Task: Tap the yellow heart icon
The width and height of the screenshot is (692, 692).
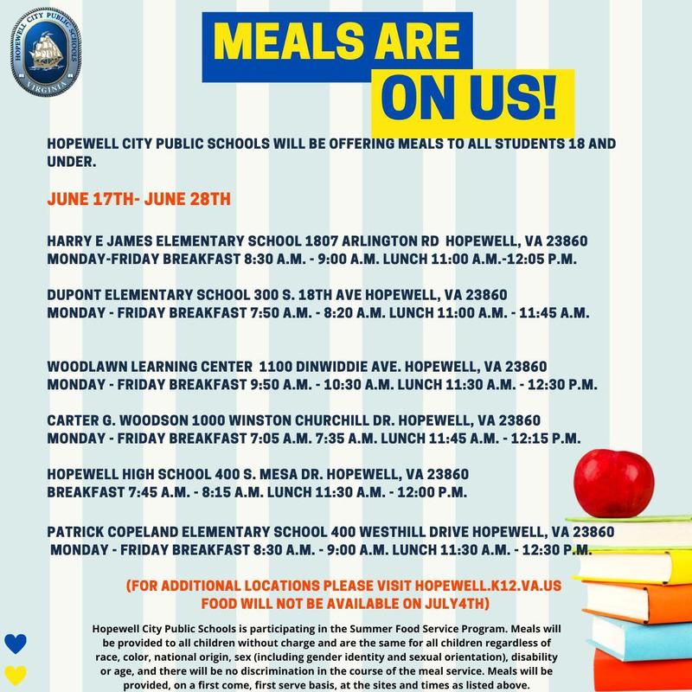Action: [15, 674]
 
